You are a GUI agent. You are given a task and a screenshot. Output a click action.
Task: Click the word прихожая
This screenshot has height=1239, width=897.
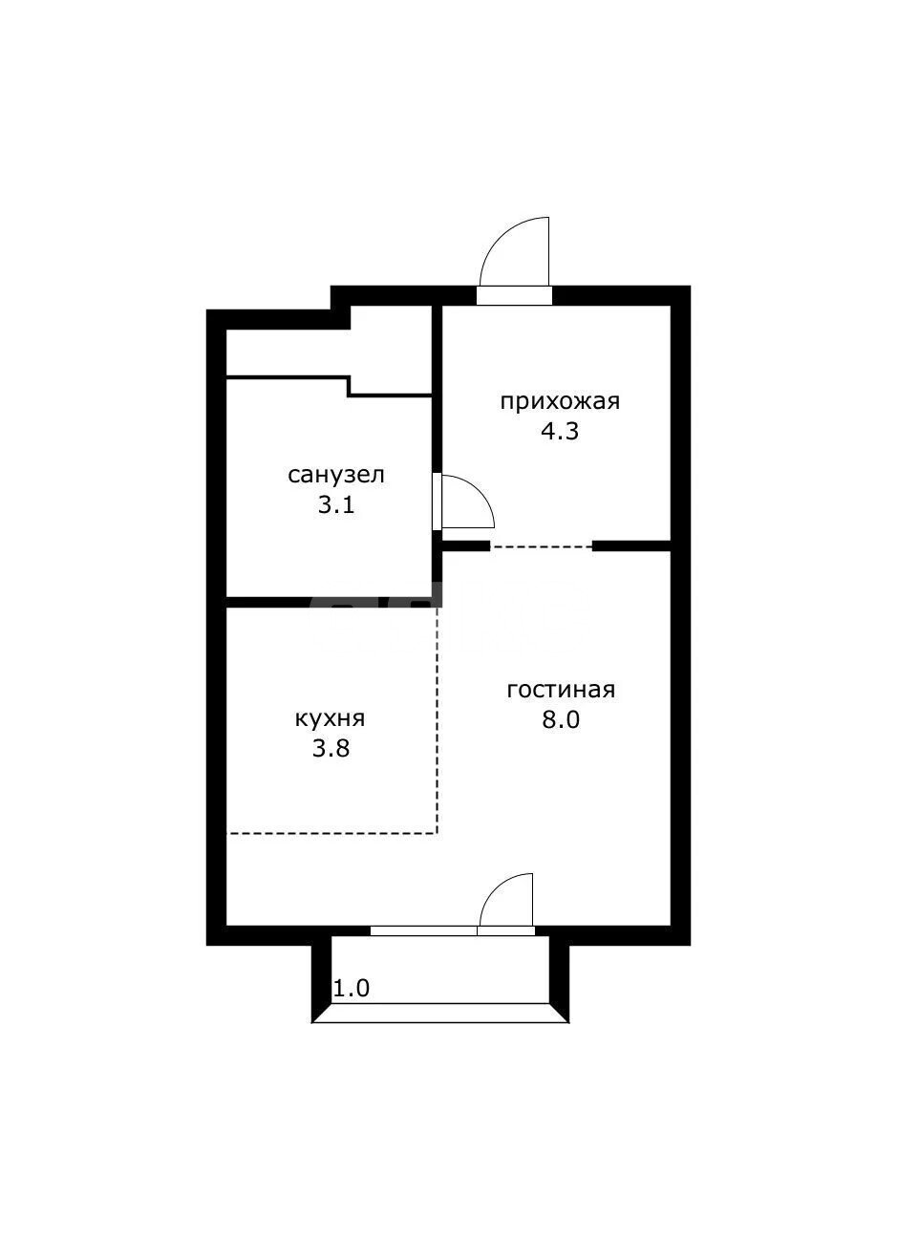pyautogui.click(x=560, y=401)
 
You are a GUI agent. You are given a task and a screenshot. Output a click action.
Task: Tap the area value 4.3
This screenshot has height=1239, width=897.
pyautogui.click(x=560, y=431)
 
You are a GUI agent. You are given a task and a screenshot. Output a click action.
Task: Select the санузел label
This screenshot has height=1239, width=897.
pyautogui.click(x=336, y=475)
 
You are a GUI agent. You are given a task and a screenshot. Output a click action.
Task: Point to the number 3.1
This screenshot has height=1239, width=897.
pyautogui.click(x=336, y=505)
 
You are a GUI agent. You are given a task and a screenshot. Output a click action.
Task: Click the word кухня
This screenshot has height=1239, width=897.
pyautogui.click(x=331, y=718)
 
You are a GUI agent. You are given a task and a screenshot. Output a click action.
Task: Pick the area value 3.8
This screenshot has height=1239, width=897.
pyautogui.click(x=331, y=748)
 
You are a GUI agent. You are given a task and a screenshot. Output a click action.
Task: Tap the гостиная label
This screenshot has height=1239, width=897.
pyautogui.click(x=561, y=690)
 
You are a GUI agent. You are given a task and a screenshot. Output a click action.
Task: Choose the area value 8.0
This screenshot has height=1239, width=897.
pyautogui.click(x=561, y=719)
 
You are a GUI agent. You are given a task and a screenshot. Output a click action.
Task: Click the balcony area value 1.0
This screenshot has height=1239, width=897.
pyautogui.click(x=352, y=989)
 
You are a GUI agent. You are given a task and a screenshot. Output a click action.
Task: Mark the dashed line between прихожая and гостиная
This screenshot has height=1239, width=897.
pyautogui.click(x=541, y=546)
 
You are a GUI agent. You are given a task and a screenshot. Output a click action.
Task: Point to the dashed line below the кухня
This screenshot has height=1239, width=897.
pyautogui.click(x=331, y=833)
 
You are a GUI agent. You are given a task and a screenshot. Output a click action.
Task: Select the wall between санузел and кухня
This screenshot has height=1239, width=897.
pyautogui.click(x=331, y=603)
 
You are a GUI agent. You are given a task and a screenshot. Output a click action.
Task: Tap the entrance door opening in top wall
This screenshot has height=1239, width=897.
pyautogui.click(x=514, y=295)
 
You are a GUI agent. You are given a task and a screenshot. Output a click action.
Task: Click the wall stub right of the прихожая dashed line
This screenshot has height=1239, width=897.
pyautogui.click(x=631, y=546)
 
